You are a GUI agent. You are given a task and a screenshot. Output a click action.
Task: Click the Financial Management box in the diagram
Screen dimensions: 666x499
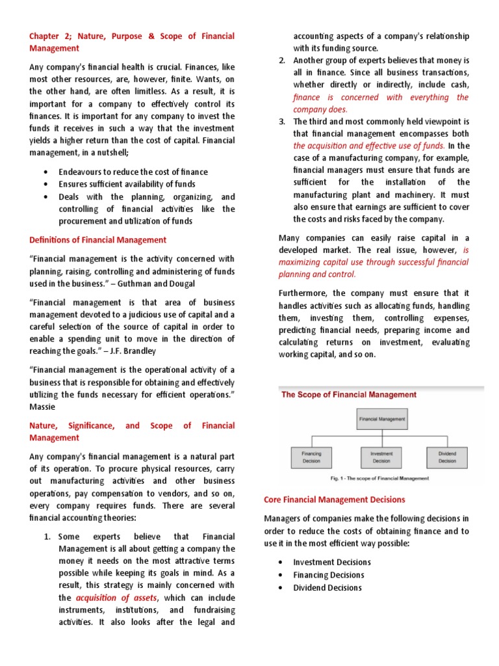click(x=382, y=420)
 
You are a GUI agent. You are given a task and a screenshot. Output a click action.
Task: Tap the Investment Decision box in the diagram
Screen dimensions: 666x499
click(x=381, y=457)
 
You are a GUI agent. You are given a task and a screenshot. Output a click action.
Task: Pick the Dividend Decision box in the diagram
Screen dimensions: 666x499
click(x=447, y=457)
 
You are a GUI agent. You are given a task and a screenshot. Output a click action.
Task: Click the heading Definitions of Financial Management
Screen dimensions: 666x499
click(x=97, y=240)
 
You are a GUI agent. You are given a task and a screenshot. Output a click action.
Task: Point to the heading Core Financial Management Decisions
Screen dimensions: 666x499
click(x=335, y=499)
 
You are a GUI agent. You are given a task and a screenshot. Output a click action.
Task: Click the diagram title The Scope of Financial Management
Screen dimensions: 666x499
click(x=349, y=394)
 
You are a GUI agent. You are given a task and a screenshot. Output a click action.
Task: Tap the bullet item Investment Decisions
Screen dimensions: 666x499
click(x=332, y=562)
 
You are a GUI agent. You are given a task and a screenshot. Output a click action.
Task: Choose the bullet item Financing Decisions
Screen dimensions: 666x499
click(x=329, y=575)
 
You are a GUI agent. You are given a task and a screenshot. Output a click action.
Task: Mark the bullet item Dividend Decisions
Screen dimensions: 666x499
click(x=327, y=587)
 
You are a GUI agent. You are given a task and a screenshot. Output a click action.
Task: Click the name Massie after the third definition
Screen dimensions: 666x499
click(x=44, y=406)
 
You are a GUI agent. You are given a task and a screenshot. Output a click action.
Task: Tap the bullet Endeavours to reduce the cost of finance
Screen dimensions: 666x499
click(x=133, y=172)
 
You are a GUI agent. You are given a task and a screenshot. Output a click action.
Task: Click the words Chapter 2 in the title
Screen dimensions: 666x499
click(x=49, y=36)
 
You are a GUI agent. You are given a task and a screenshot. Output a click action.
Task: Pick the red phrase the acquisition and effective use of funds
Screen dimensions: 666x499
click(x=368, y=146)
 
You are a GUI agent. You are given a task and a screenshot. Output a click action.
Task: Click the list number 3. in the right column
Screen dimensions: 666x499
click(x=282, y=122)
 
